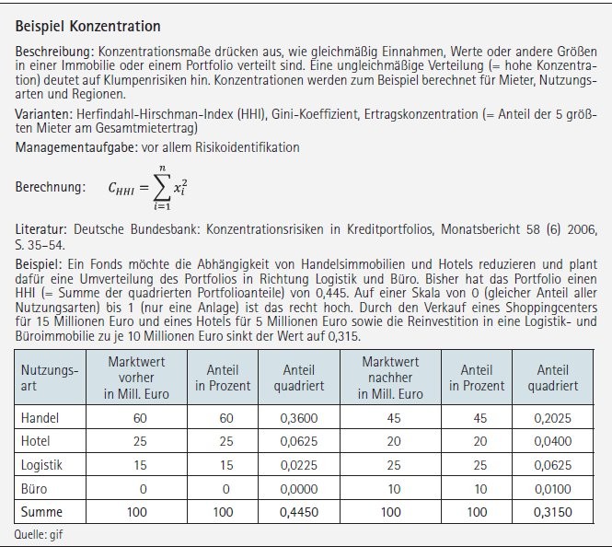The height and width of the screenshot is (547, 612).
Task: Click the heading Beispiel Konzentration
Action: tap(87, 27)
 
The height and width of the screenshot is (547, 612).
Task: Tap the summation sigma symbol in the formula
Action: tap(160, 187)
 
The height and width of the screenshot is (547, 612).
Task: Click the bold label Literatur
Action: tap(40, 227)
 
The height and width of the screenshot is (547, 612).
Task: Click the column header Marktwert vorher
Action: tap(136, 378)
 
